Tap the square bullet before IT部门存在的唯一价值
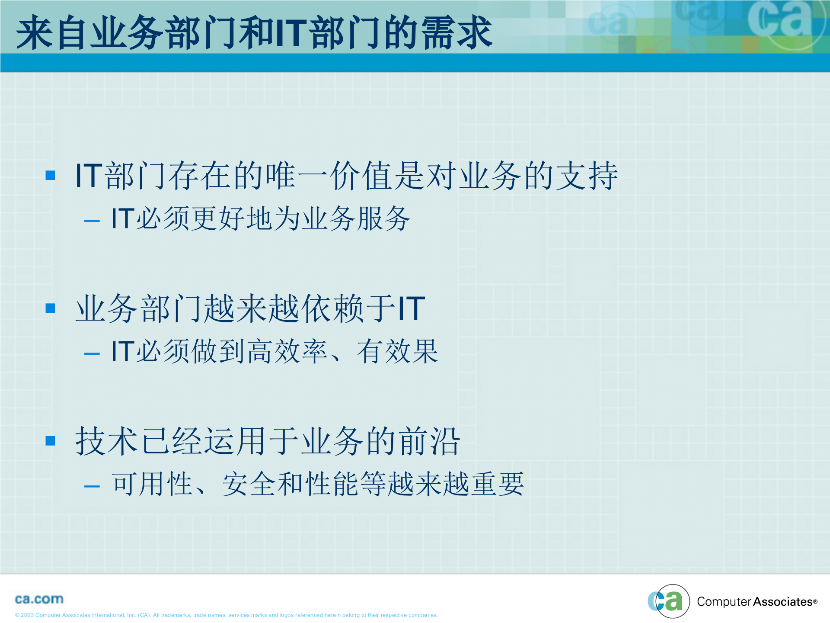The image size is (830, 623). click(51, 175)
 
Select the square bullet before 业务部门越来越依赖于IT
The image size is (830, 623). click(51, 308)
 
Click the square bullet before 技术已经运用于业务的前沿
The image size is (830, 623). click(51, 441)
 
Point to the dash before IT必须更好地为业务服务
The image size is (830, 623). click(92, 221)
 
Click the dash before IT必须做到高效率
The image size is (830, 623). click(92, 354)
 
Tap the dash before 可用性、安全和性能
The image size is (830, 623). click(92, 487)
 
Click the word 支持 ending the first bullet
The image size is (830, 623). click(587, 175)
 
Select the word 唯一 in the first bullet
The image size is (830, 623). click(297, 175)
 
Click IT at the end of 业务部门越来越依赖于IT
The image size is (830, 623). click(411, 308)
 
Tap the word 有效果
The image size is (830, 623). click(397, 351)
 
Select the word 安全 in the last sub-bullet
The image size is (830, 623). click(249, 484)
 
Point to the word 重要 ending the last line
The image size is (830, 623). click(497, 484)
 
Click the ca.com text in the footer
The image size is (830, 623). click(39, 599)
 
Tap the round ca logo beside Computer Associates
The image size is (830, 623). click(668, 601)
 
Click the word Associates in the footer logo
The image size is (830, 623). click(783, 602)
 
